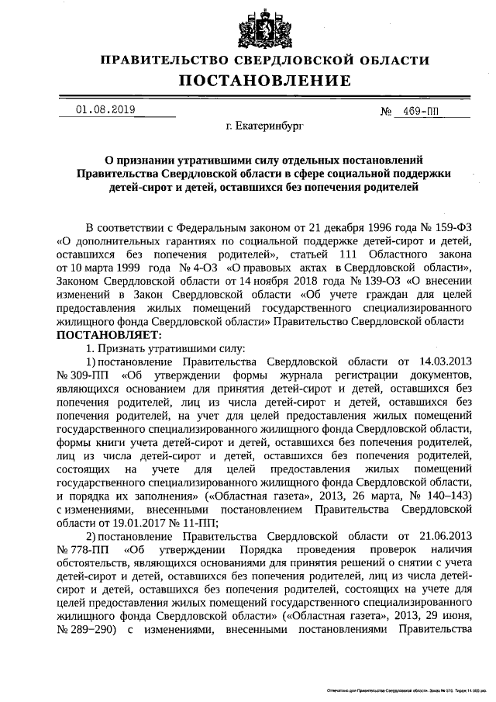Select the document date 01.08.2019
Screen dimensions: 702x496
pyautogui.click(x=105, y=110)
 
